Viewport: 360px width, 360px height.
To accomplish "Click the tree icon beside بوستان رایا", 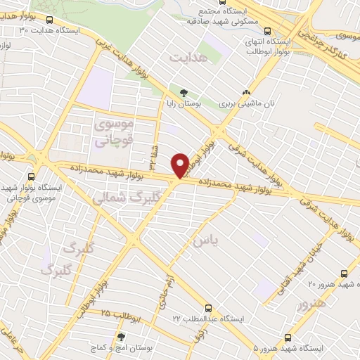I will click(184, 92).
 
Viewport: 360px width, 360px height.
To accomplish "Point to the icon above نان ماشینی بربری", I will click(246, 92).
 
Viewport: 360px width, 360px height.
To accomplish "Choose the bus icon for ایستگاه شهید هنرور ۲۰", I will click(344, 274).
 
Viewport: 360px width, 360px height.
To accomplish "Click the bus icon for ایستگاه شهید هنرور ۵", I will click(287, 337).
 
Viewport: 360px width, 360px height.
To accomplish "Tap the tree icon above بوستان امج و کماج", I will click(122, 337).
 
